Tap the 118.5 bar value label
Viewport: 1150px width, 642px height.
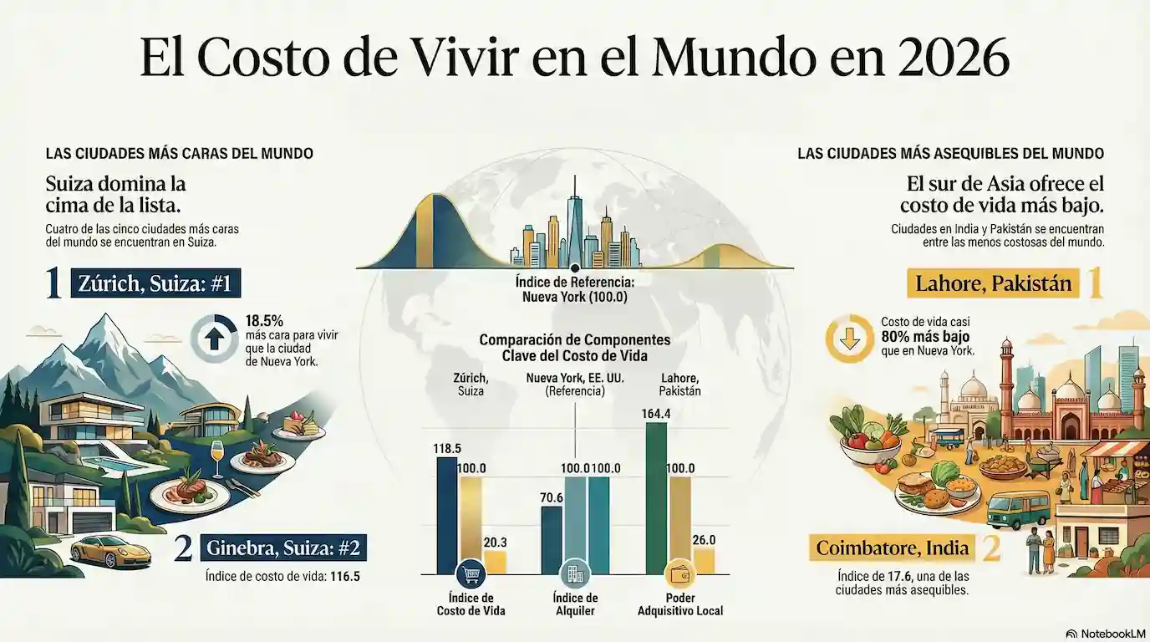[x=446, y=448]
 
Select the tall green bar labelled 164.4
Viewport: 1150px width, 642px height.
[x=656, y=498]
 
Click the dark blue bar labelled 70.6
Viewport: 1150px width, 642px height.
[x=552, y=540]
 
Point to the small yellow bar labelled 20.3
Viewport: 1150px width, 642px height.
[x=495, y=563]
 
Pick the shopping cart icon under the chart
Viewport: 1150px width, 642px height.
[x=471, y=574]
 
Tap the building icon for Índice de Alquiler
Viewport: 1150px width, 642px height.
[x=575, y=574]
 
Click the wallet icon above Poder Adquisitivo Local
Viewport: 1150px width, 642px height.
[x=679, y=574]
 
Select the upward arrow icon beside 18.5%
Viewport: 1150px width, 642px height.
[x=214, y=339]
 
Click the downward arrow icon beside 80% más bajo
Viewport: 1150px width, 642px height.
[x=850, y=339]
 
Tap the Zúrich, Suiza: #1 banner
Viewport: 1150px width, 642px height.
[x=155, y=283]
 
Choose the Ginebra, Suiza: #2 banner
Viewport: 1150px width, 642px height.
[x=283, y=548]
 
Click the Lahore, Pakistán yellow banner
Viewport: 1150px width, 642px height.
[x=993, y=283]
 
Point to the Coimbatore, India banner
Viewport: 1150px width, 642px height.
[x=893, y=548]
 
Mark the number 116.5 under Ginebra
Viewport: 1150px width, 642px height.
[x=345, y=576]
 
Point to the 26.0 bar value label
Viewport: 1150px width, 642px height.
[x=704, y=540]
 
